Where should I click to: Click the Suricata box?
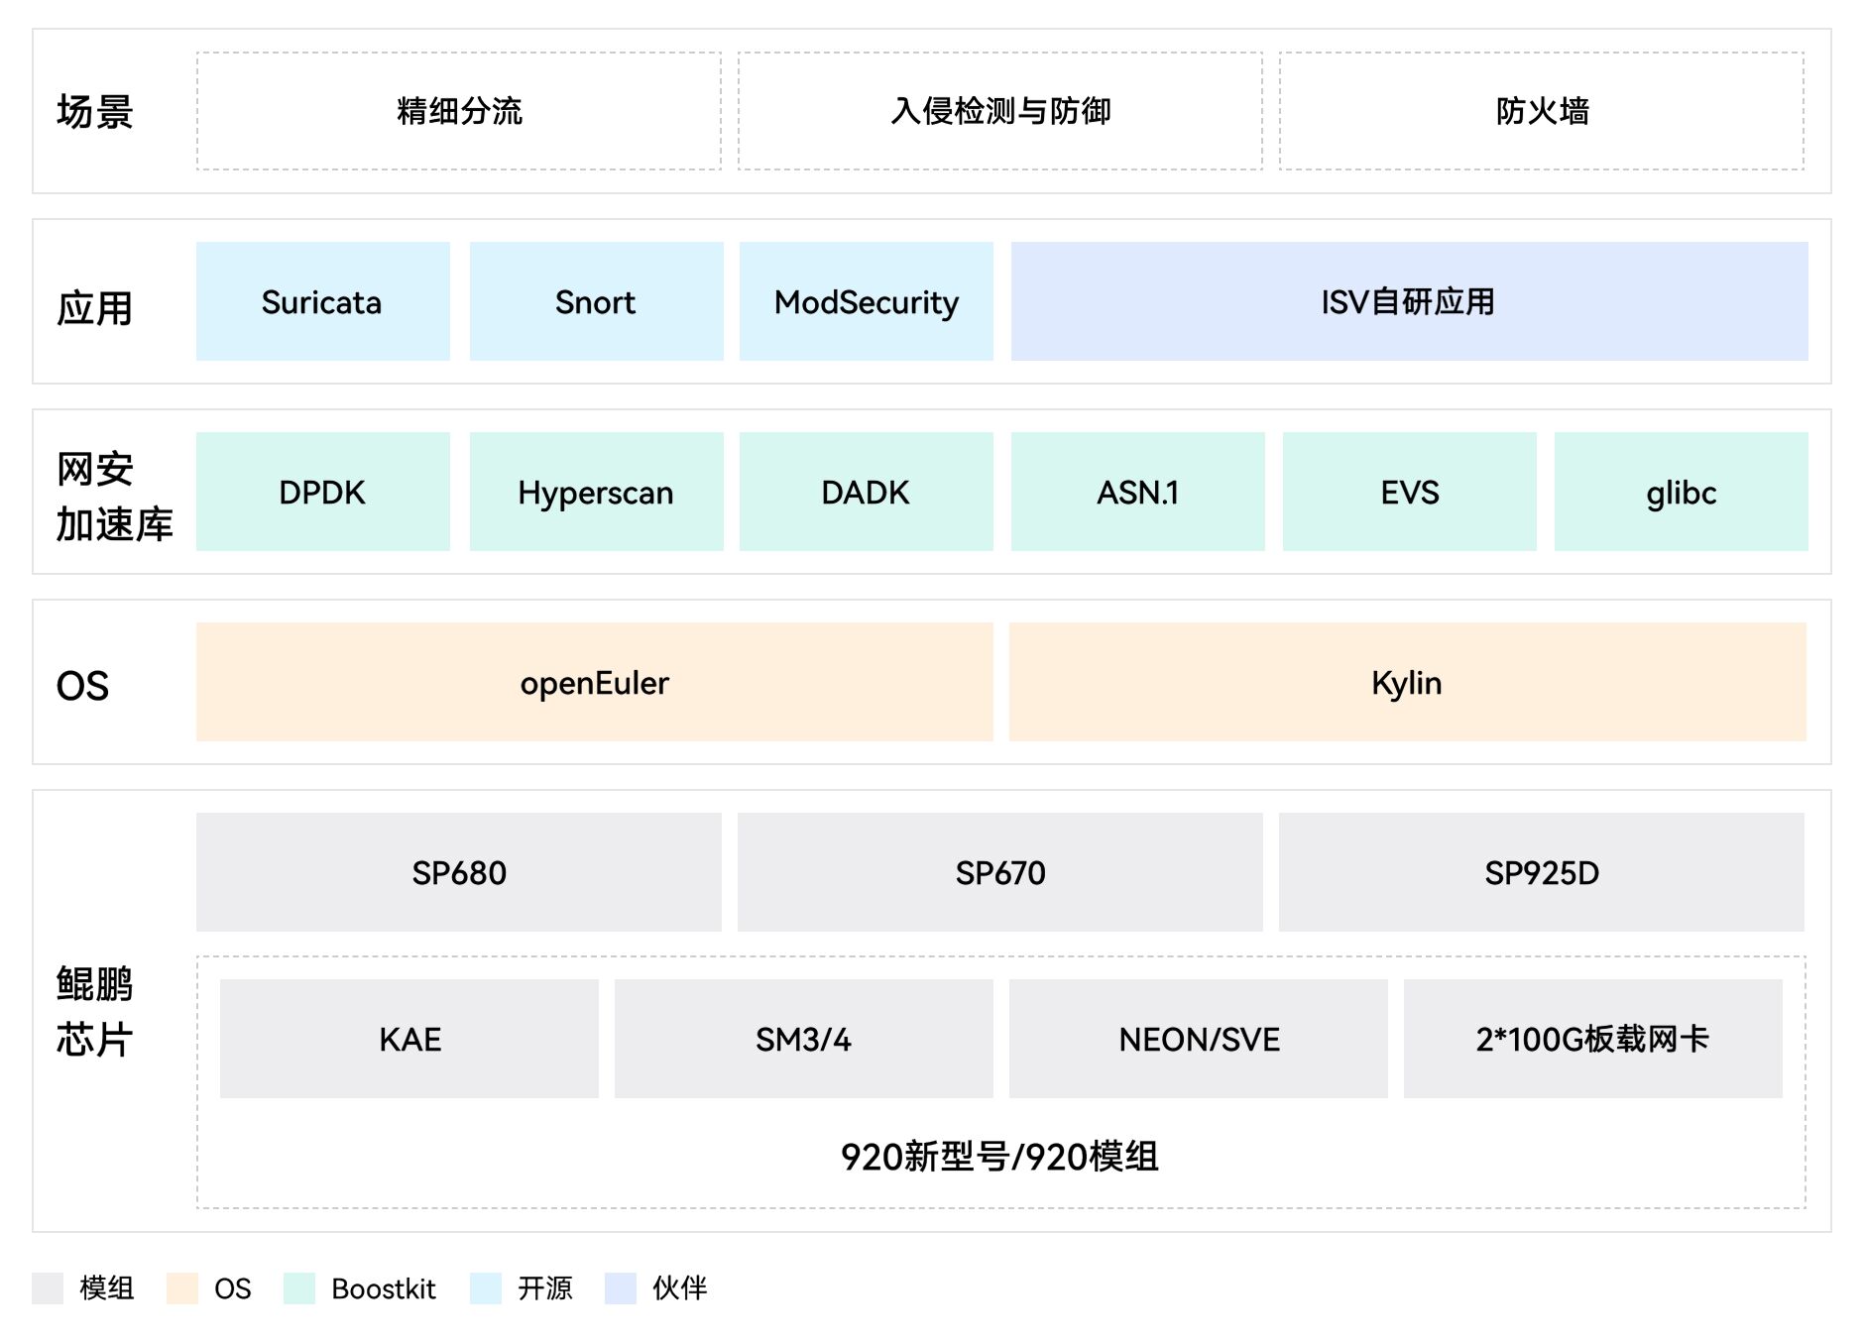tap(322, 301)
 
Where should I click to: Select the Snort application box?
tap(596, 301)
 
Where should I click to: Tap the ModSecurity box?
tap(866, 301)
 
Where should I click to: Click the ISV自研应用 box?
tap(1409, 301)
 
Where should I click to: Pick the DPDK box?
tap(322, 492)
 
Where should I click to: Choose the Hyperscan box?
tap(596, 492)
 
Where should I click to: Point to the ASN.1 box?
tap(1137, 492)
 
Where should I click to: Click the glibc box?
tap(1681, 492)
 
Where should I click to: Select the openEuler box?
tap(594, 682)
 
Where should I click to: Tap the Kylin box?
tap(1407, 682)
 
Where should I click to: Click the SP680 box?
tap(458, 872)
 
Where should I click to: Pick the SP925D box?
tap(1541, 872)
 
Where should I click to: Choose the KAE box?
tap(408, 1039)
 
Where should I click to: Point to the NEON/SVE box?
tap(1198, 1039)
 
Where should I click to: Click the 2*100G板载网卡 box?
tap(1592, 1039)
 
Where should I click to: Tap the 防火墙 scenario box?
tap(1541, 111)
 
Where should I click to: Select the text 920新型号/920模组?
tap(999, 1157)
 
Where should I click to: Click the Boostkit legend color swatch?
tap(298, 1288)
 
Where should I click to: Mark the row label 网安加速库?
tap(114, 497)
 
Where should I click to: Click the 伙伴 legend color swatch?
tap(620, 1288)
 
